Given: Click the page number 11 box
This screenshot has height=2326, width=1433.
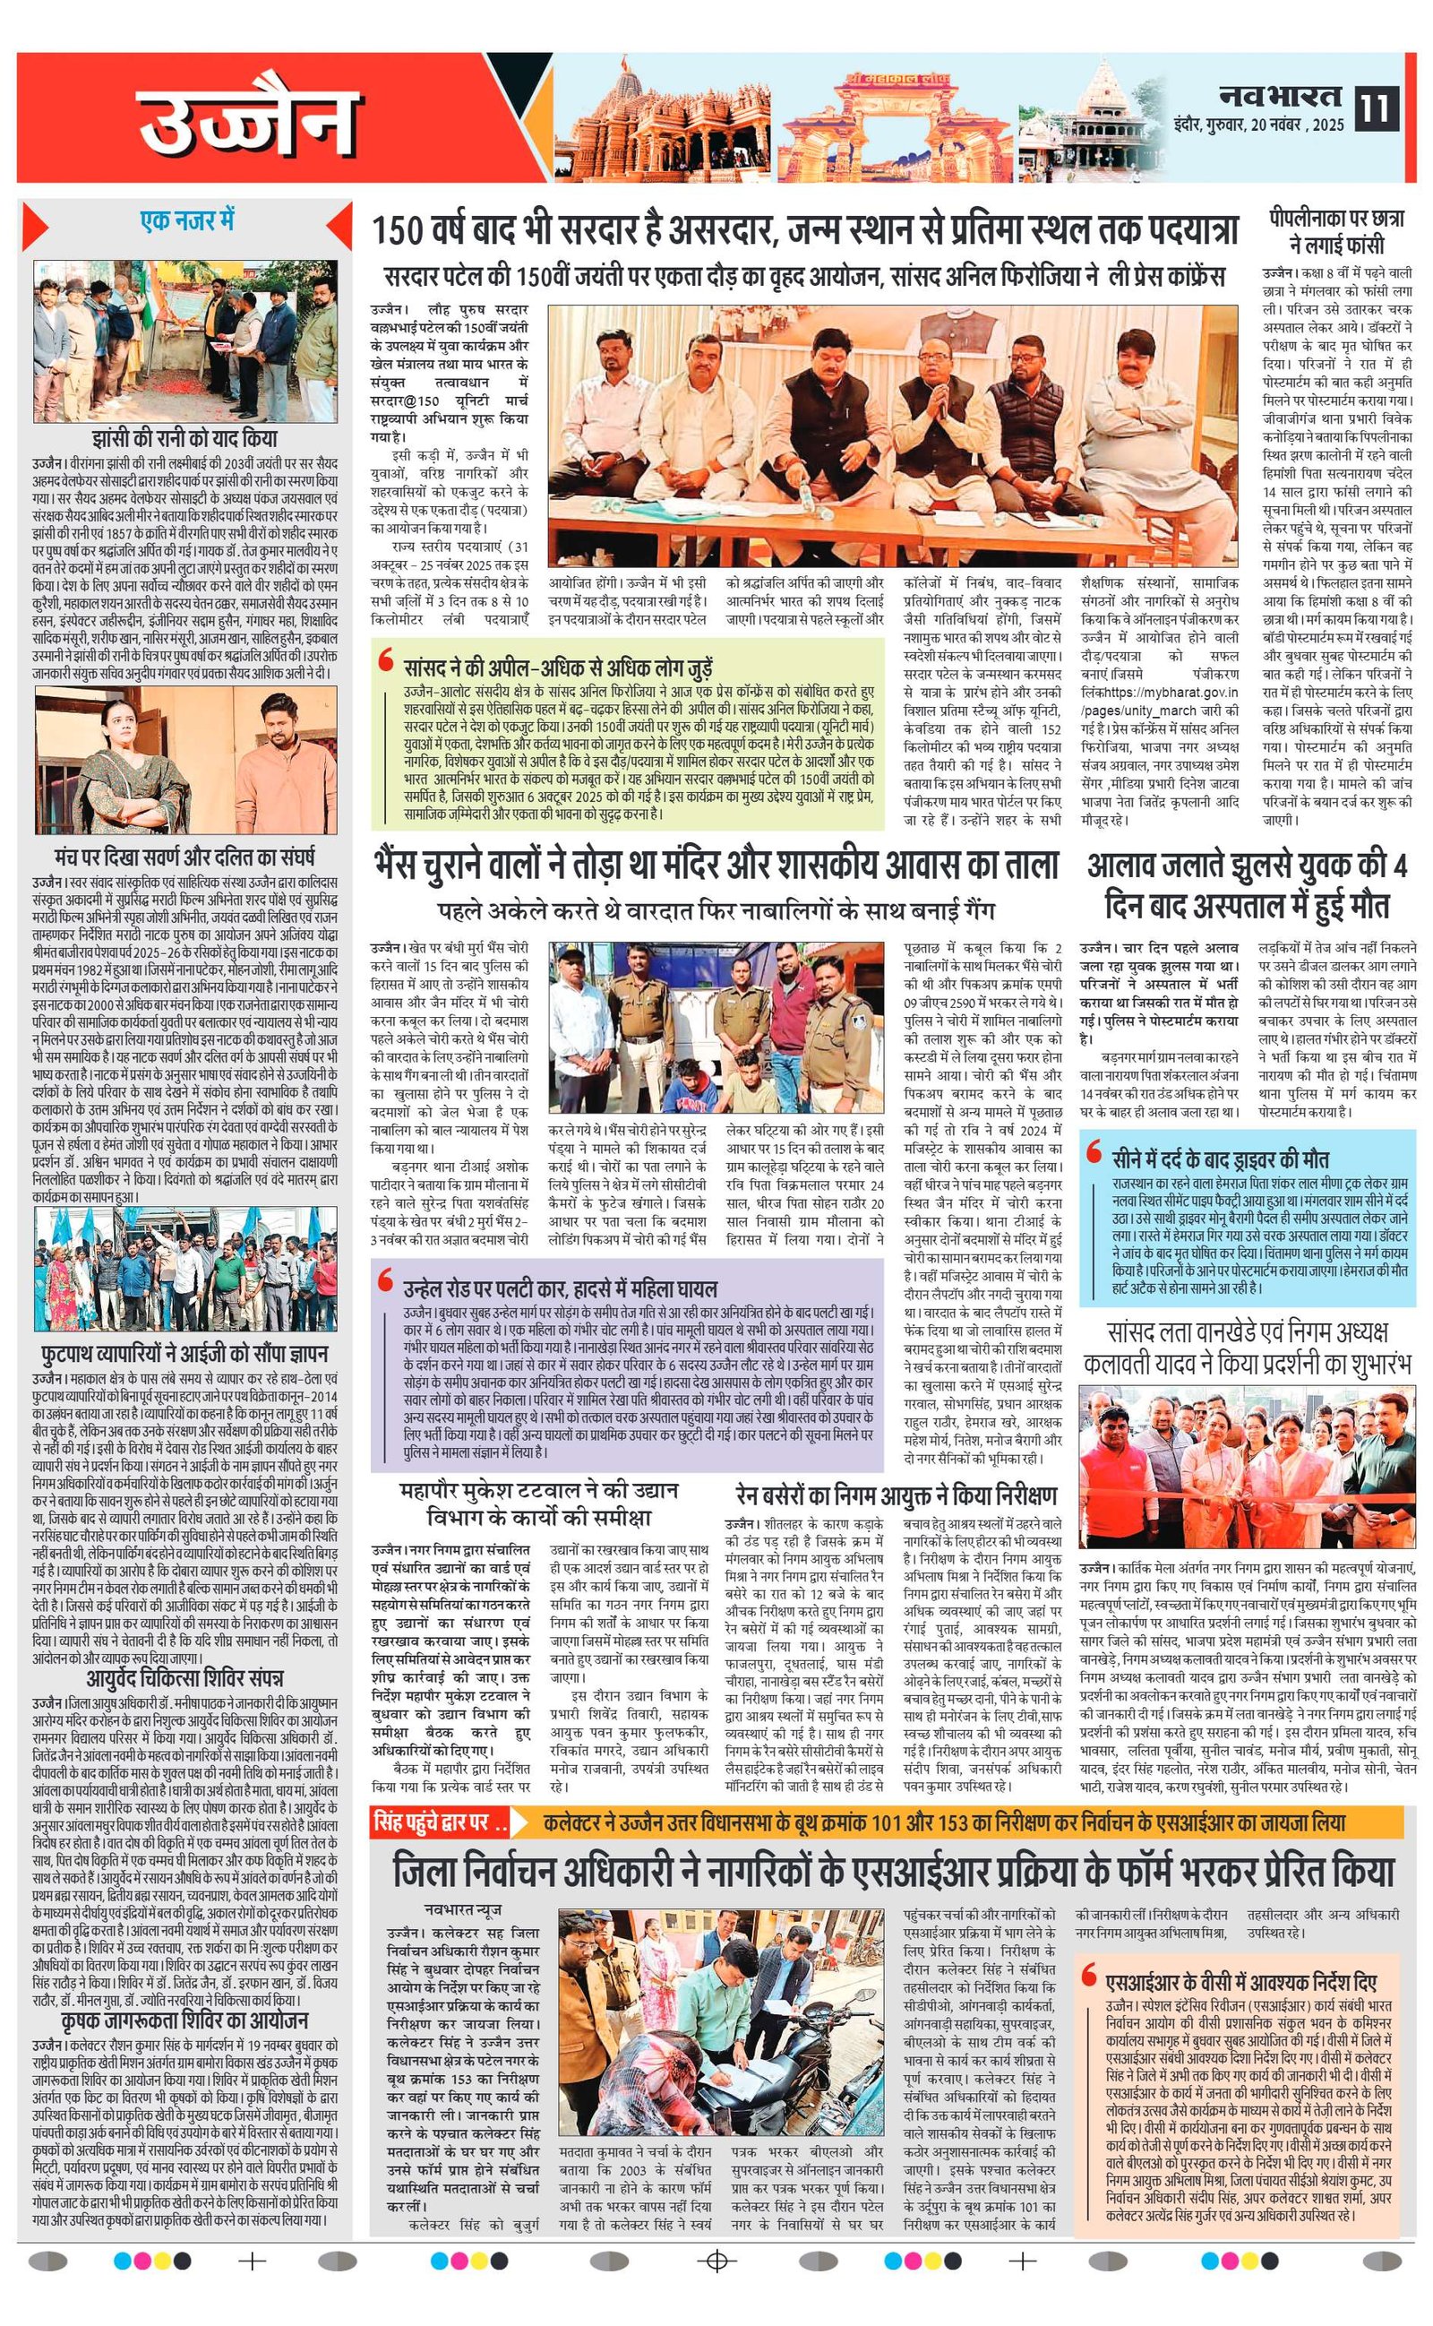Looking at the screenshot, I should click(1377, 106).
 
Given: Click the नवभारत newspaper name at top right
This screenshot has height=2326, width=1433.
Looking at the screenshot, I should click(1282, 96).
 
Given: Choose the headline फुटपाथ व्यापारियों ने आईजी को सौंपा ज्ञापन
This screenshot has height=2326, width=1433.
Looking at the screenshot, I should click(184, 1352).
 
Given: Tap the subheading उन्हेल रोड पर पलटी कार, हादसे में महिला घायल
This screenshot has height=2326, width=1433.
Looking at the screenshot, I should click(559, 1288).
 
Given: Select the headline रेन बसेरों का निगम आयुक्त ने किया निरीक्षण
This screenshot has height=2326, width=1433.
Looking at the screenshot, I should click(896, 1495).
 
